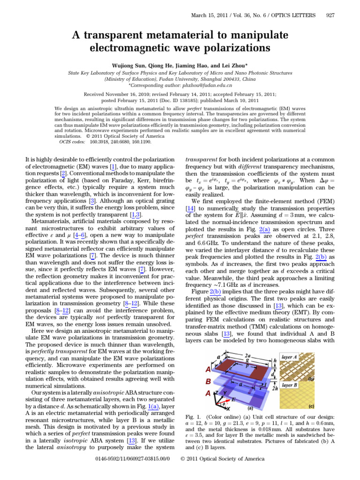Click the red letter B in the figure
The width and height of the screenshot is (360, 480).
[x=208, y=381]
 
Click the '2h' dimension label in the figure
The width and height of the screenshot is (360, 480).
[x=275, y=388]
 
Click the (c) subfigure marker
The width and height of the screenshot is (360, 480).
[x=311, y=406]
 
